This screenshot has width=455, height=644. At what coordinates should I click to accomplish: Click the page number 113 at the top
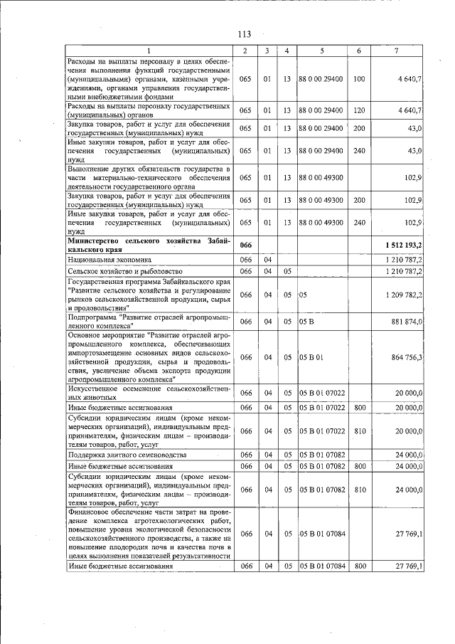(x=245, y=34)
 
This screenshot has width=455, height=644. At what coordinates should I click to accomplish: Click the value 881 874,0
(x=407, y=322)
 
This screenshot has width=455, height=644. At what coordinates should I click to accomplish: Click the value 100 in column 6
(x=359, y=78)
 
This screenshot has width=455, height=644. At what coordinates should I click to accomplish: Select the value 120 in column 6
(x=359, y=110)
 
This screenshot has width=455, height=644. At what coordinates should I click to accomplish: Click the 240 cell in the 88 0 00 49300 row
(x=359, y=222)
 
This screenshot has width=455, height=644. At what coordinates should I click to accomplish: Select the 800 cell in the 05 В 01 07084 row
(x=359, y=566)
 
